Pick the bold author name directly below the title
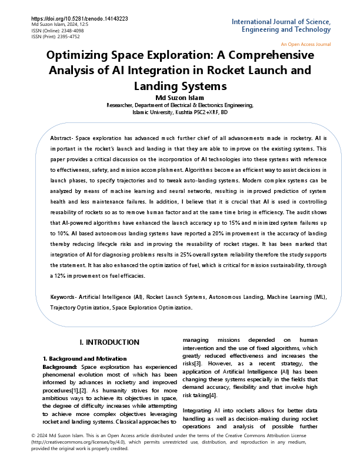[x=179, y=98]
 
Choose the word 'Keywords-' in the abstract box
[x=64, y=298]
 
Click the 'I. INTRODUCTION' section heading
[x=109, y=342]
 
